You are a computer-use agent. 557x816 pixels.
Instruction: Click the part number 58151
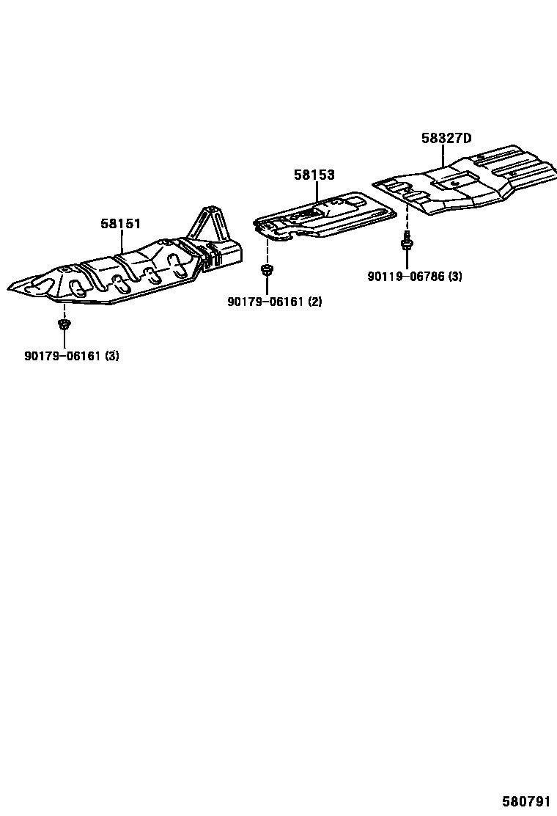click(120, 224)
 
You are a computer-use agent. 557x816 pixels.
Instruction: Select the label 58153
click(314, 175)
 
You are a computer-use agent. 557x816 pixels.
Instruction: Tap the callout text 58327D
click(446, 138)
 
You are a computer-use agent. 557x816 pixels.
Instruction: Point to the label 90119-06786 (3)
click(415, 277)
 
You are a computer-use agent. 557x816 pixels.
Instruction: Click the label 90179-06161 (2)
click(275, 302)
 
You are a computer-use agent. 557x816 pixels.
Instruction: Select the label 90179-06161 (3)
click(72, 357)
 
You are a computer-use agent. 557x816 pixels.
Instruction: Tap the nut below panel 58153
click(267, 272)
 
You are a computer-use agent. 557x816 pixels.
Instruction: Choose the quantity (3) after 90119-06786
click(455, 277)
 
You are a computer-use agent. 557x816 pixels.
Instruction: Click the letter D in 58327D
click(467, 138)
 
